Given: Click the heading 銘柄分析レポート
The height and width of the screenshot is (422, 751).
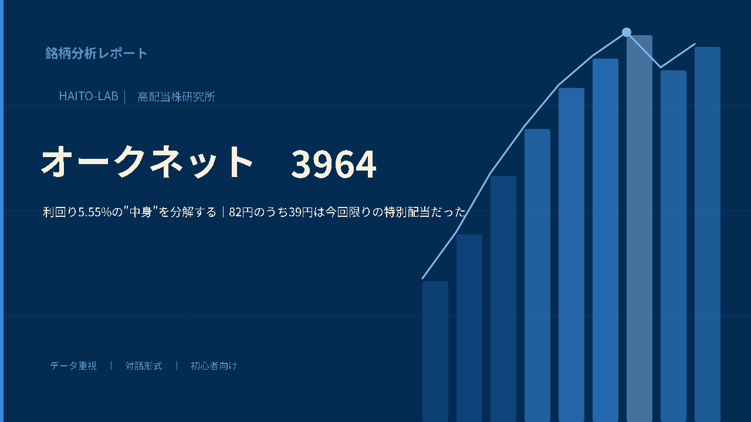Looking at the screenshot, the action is pyautogui.click(x=96, y=53).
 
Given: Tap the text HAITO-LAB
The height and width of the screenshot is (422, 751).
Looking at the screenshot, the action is pyautogui.click(x=89, y=97).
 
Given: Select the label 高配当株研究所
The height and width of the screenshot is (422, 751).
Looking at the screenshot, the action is pyautogui.click(x=177, y=97).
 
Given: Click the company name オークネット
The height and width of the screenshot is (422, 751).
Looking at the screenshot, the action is pyautogui.click(x=147, y=162).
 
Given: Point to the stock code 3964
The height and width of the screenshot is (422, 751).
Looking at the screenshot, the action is pyautogui.click(x=334, y=164).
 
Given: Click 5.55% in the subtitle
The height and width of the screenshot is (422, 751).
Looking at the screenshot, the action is pyautogui.click(x=94, y=212).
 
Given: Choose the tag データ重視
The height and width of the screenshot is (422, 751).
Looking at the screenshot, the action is pyautogui.click(x=73, y=366).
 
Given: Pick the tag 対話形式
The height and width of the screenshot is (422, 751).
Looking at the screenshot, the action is pyautogui.click(x=144, y=366).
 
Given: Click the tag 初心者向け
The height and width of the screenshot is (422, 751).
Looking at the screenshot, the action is pyautogui.click(x=214, y=366).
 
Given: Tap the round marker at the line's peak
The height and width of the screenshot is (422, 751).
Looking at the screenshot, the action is pyautogui.click(x=626, y=32).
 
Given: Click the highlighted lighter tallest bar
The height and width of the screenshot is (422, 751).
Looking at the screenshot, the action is pyautogui.click(x=640, y=229).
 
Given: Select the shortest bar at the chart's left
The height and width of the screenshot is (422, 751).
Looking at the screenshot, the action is pyautogui.click(x=435, y=352).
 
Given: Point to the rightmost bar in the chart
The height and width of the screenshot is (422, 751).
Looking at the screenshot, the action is pyautogui.click(x=708, y=234).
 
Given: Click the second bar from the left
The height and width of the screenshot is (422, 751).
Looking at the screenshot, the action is pyautogui.click(x=469, y=328).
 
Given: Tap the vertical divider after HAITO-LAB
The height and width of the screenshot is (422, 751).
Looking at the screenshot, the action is pyautogui.click(x=125, y=97).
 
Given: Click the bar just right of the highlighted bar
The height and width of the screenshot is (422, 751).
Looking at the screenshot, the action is pyautogui.click(x=674, y=246).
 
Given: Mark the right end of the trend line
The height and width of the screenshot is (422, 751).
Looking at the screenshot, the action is pyautogui.click(x=695, y=44).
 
